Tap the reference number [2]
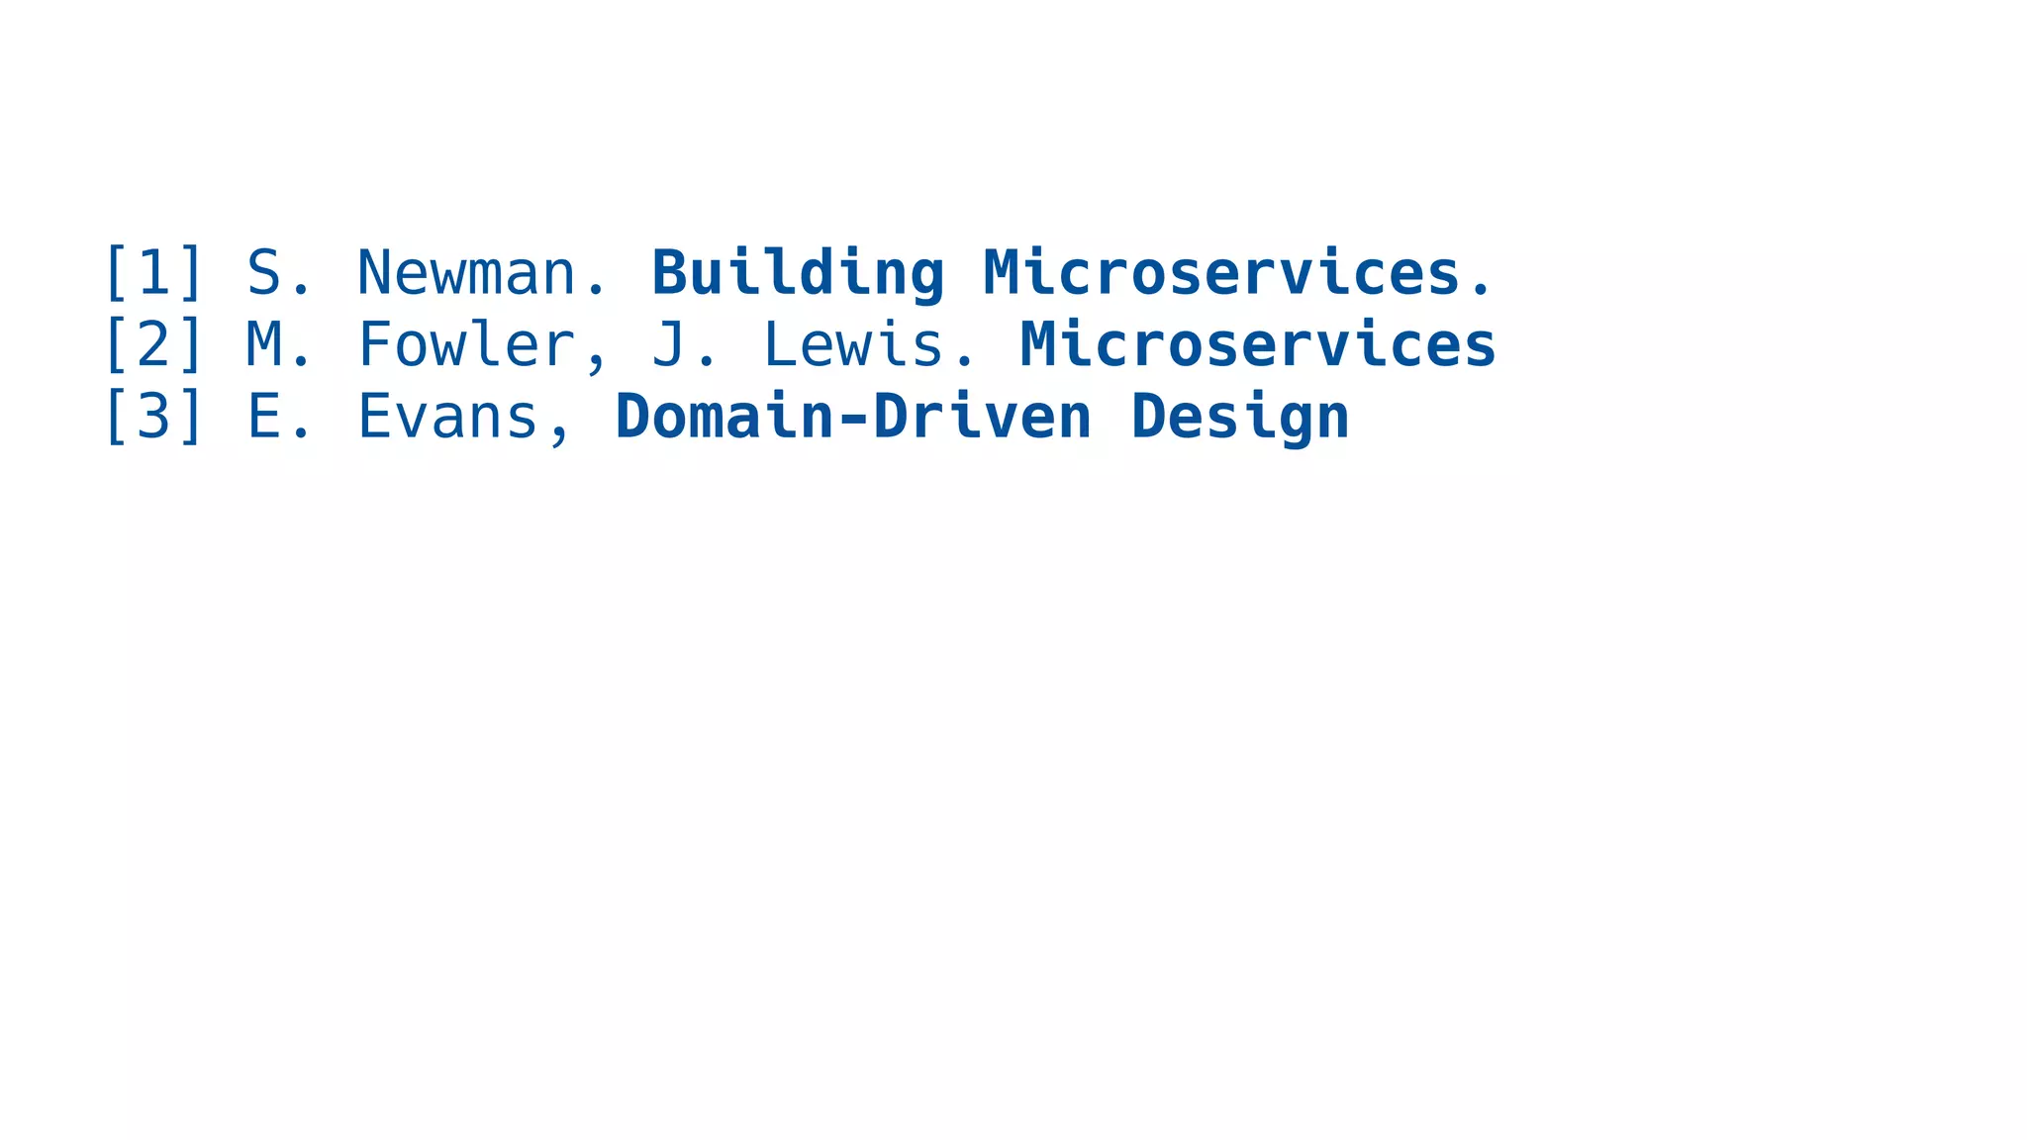click(x=153, y=344)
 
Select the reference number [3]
click(x=153, y=417)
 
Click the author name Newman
click(x=466, y=273)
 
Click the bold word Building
click(x=798, y=273)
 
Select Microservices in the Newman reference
click(x=1221, y=273)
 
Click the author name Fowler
click(x=466, y=344)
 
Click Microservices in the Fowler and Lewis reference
click(x=1258, y=344)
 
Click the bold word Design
click(x=1240, y=417)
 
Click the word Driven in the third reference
click(x=982, y=417)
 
